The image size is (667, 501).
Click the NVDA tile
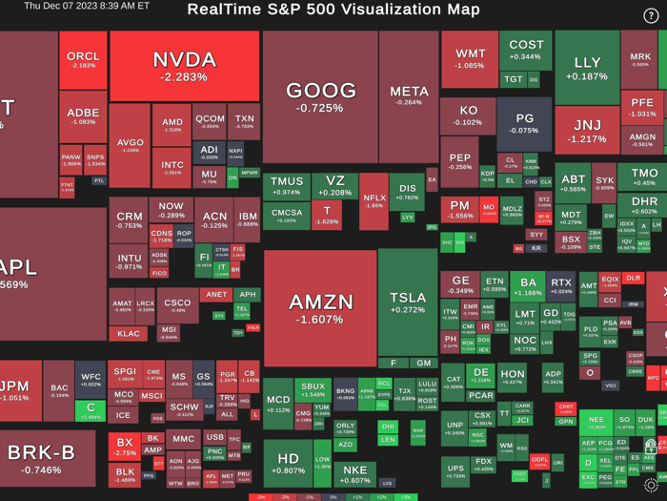(184, 66)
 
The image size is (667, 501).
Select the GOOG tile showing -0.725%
(320, 95)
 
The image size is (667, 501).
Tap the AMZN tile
(320, 307)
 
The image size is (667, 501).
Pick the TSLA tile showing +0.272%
(408, 303)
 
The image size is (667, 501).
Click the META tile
(409, 95)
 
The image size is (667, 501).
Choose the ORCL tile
(83, 60)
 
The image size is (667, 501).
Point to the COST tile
(526, 50)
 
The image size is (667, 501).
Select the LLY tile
(587, 68)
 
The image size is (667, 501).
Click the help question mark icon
(652, 16)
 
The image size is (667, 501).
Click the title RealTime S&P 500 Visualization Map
(333, 10)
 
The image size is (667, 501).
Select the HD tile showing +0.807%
(288, 464)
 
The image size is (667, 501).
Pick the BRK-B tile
(41, 456)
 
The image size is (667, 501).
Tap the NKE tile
(354, 474)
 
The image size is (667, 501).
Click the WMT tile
(470, 59)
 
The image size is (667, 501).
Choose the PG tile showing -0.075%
(524, 124)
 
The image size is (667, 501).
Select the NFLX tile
(374, 200)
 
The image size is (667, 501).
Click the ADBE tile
(83, 116)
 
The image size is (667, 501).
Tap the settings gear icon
(651, 486)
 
